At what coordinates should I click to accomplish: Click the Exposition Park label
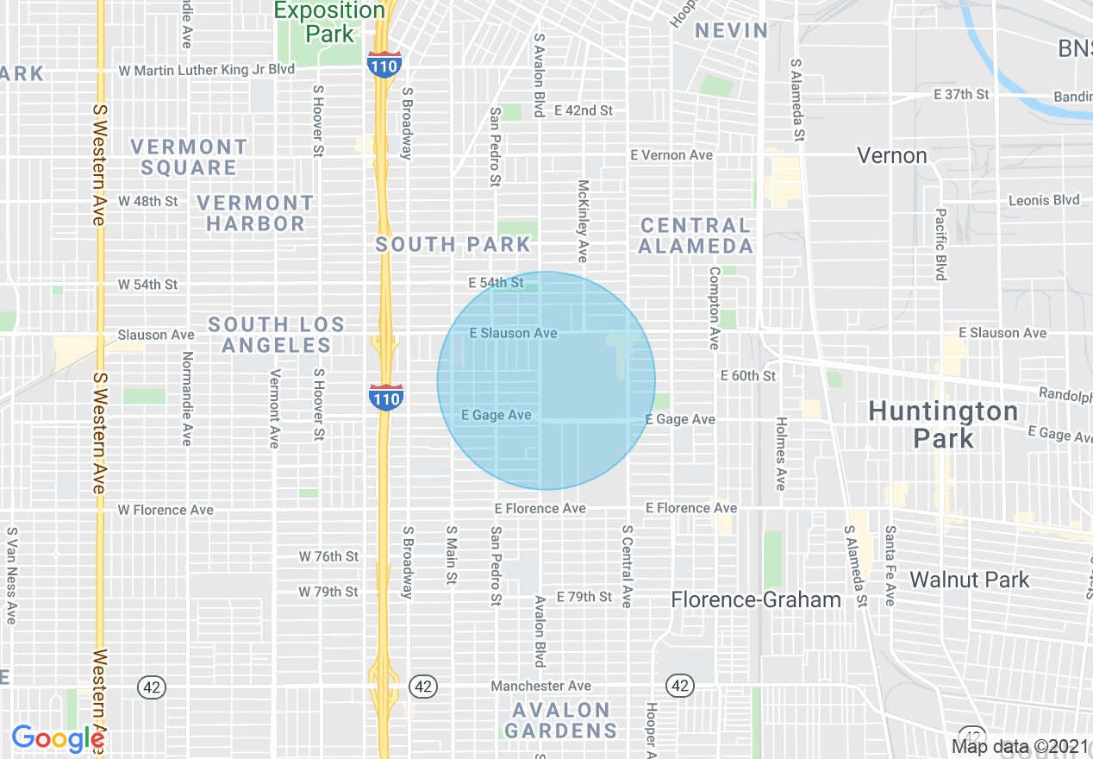(x=329, y=22)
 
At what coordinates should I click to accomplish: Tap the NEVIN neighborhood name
(x=731, y=30)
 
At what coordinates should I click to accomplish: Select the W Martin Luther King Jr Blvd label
(x=206, y=70)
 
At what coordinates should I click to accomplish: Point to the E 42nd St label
(x=584, y=110)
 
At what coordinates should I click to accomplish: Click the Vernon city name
(x=892, y=156)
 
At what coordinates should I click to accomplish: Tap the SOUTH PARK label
(x=453, y=245)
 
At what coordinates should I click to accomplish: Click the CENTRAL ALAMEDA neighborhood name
(x=696, y=235)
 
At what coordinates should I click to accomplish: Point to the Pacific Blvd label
(x=940, y=244)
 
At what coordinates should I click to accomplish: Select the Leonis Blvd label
(x=1044, y=200)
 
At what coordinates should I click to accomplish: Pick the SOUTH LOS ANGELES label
(x=276, y=335)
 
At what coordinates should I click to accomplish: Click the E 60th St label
(x=748, y=376)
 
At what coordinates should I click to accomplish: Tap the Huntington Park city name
(x=943, y=423)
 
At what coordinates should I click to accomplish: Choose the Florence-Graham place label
(x=756, y=599)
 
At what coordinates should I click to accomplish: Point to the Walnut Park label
(x=969, y=580)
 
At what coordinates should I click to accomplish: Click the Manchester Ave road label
(x=540, y=686)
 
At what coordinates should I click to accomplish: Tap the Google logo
(x=57, y=738)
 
